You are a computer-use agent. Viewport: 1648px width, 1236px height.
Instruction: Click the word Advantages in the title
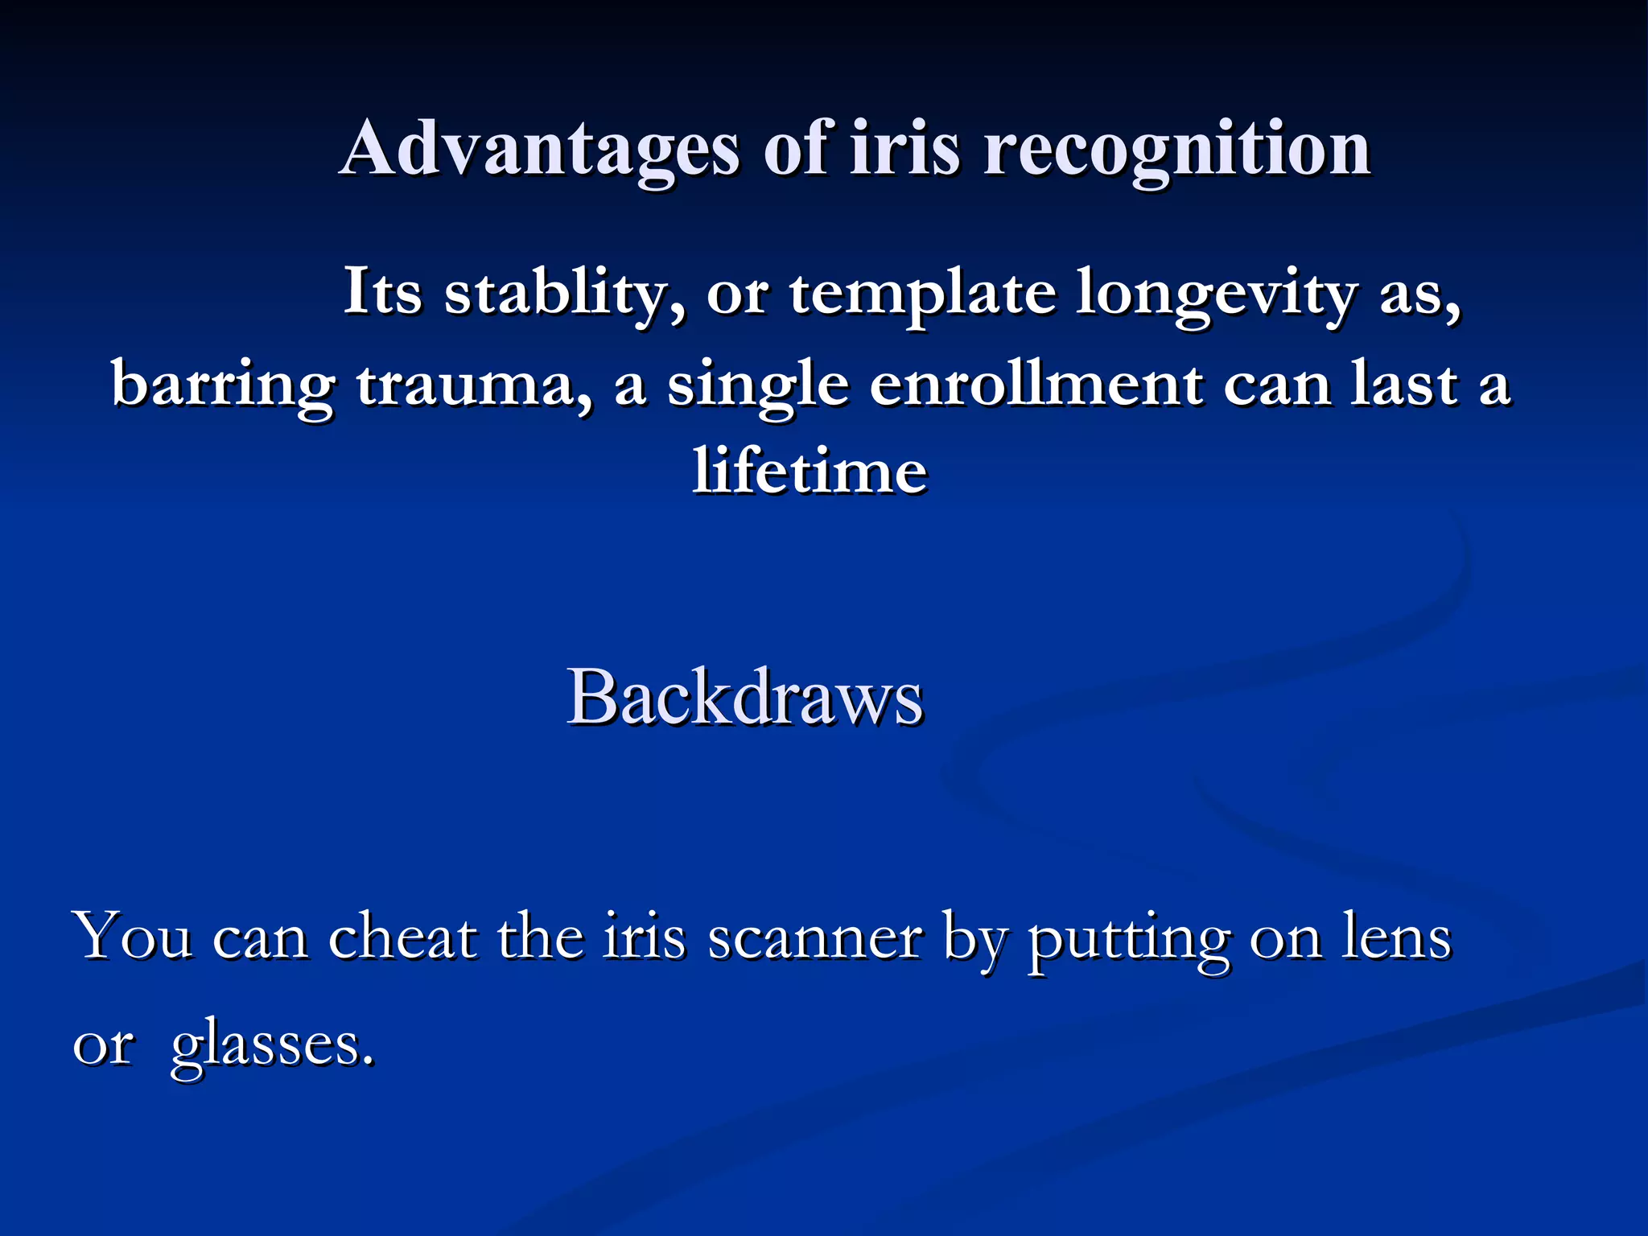pyautogui.click(x=539, y=150)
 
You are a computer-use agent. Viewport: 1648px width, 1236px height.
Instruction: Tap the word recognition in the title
pyautogui.click(x=1176, y=150)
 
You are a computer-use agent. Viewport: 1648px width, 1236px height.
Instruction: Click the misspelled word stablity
pyautogui.click(x=563, y=293)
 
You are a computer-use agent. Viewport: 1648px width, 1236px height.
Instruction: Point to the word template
pyautogui.click(x=922, y=295)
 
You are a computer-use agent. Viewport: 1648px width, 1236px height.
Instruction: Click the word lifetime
pyautogui.click(x=810, y=470)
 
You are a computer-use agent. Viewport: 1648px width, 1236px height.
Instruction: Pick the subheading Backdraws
pyautogui.click(x=745, y=697)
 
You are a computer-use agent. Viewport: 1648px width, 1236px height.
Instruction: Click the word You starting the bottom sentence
pyautogui.click(x=133, y=937)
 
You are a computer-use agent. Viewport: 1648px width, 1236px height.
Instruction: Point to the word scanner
pyautogui.click(x=814, y=938)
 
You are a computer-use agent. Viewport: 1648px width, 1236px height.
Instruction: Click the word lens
pyautogui.click(x=1395, y=937)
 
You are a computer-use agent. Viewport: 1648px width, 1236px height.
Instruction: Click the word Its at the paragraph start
pyautogui.click(x=382, y=291)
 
